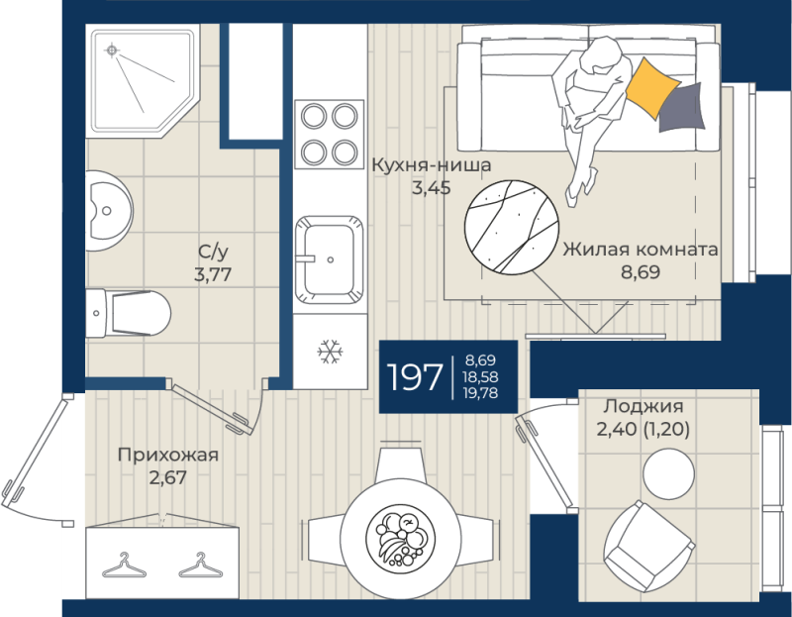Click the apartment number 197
[x=414, y=377]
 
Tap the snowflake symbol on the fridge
[x=331, y=352]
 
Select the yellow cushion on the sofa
[x=651, y=88]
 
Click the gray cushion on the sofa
[x=681, y=108]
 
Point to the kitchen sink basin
[x=330, y=259]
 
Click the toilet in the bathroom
[x=129, y=313]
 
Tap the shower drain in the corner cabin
[x=112, y=51]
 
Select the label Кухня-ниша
[x=432, y=165]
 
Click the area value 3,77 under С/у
[x=213, y=274]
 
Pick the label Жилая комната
[x=641, y=250]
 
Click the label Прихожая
[x=168, y=455]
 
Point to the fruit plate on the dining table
[x=401, y=538]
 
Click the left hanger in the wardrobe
[x=125, y=566]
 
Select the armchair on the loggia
[x=649, y=547]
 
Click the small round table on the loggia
[x=668, y=474]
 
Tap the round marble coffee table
[x=512, y=228]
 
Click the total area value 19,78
[x=480, y=392]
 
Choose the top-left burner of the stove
[x=314, y=117]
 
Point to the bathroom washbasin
[x=109, y=211]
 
